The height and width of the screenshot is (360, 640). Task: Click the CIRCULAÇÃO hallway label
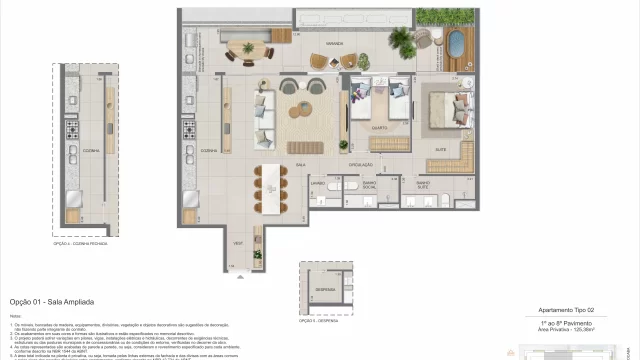coord(361,164)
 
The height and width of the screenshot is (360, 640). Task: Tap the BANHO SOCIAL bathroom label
coord(368,185)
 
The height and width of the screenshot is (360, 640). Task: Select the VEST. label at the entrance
coord(240,243)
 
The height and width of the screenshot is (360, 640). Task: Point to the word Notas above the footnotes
coord(15,315)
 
